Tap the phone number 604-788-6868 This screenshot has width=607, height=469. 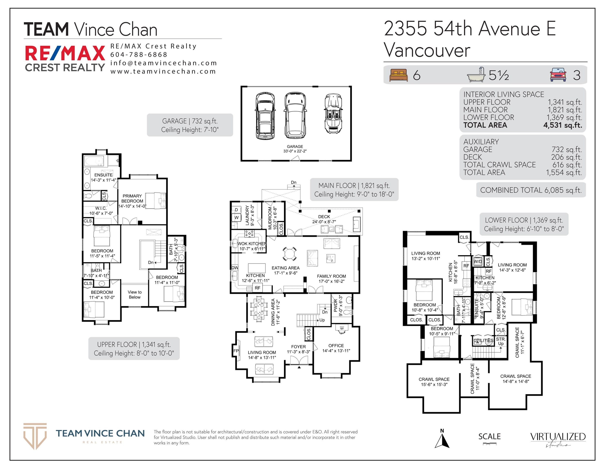click(139, 55)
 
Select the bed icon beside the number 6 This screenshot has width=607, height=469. click(398, 75)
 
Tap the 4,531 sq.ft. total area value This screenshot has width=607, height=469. click(563, 125)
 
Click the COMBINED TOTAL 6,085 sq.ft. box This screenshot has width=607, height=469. click(531, 190)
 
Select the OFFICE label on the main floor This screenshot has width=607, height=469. click(336, 346)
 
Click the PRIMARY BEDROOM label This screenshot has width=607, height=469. click(132, 198)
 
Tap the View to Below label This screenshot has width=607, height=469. click(135, 295)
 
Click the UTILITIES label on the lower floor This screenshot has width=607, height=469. click(484, 340)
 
